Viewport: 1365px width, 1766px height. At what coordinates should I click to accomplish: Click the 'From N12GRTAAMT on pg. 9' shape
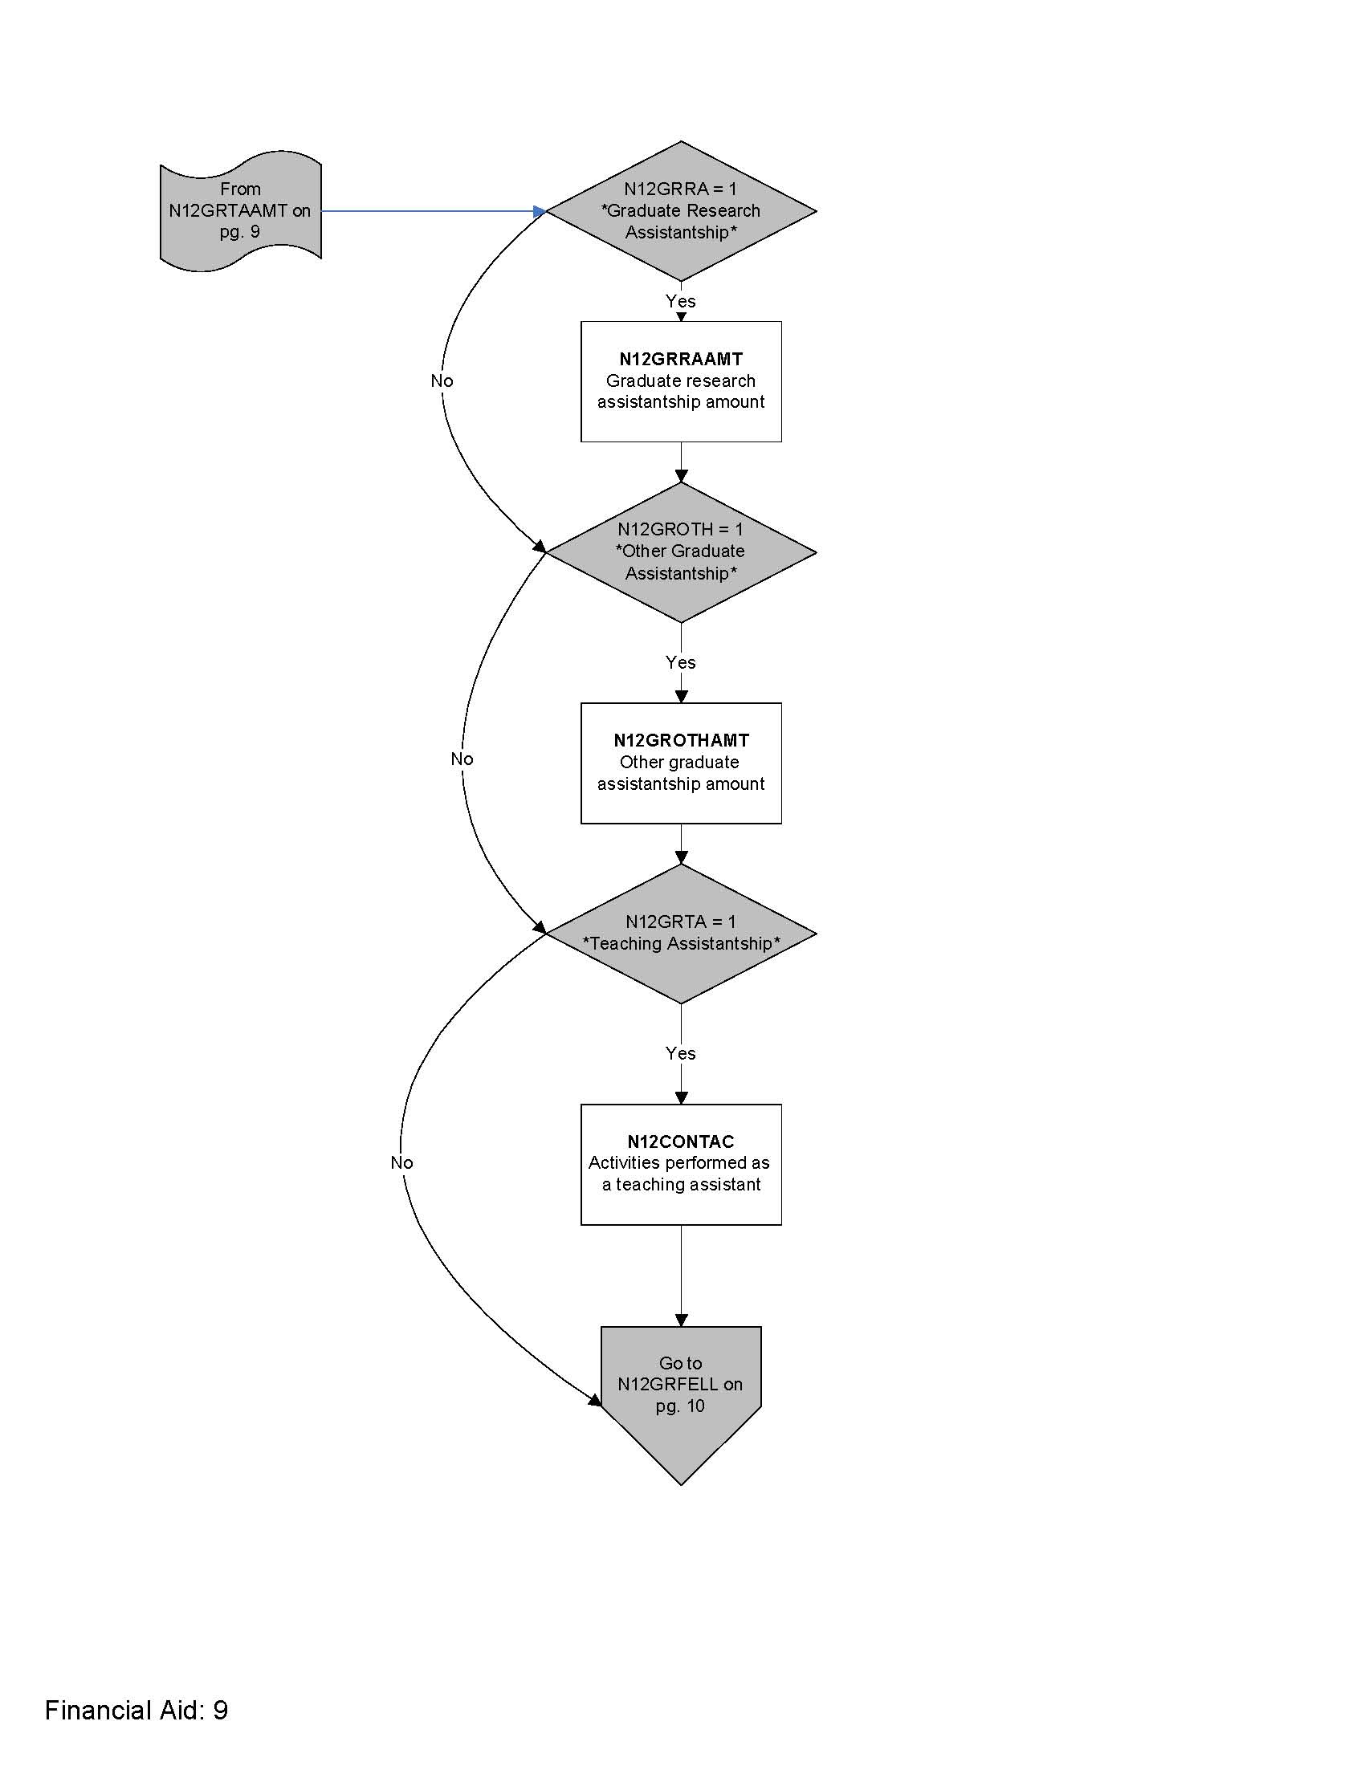240,211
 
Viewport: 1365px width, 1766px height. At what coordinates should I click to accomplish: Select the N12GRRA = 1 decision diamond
681,211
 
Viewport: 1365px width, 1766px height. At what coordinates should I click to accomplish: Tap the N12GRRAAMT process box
681,381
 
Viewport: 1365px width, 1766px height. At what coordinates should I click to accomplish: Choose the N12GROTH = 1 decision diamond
681,552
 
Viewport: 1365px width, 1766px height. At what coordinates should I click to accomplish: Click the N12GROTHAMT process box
681,763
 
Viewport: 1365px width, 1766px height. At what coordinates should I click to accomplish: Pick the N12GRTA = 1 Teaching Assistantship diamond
681,934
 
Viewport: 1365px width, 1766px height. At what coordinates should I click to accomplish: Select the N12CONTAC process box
681,1165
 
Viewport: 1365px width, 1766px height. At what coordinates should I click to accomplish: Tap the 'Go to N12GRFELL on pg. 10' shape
681,1391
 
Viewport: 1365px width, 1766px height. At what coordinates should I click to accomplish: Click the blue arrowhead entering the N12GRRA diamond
540,211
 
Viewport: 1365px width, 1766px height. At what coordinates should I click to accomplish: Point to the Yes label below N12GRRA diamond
680,301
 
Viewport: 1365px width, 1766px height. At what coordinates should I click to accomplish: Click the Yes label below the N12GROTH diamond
680,662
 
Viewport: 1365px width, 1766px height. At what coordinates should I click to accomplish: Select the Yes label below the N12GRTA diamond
680,1053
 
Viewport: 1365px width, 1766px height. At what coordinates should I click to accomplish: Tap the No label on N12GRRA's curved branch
442,380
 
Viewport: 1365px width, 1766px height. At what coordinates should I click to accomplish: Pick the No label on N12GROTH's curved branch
462,759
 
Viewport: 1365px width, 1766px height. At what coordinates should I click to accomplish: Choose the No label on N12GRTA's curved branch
401,1162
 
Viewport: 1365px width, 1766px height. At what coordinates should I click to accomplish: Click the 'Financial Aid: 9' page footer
136,1709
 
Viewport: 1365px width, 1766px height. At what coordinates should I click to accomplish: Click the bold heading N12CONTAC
681,1141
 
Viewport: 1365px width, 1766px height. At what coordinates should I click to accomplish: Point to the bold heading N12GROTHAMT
681,740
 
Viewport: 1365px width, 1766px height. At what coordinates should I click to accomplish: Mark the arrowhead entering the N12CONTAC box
681,1097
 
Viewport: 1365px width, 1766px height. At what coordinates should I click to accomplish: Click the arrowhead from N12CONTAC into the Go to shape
681,1320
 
